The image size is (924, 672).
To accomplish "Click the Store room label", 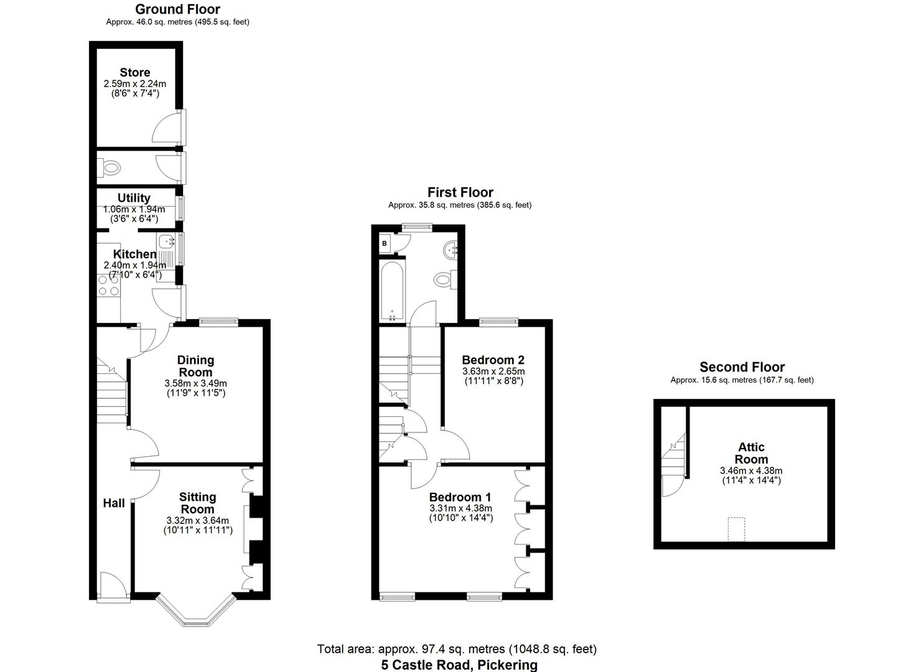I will [135, 73].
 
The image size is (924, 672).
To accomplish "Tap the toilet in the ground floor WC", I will [111, 167].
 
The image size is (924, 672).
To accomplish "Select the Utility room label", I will [134, 198].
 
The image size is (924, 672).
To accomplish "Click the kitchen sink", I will [165, 241].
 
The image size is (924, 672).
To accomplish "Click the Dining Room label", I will [195, 366].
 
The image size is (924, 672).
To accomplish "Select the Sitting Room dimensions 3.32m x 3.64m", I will [197, 521].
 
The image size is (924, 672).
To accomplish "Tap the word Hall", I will [114, 503].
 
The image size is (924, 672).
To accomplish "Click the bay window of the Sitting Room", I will [196, 613].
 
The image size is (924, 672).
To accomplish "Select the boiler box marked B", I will [385, 244].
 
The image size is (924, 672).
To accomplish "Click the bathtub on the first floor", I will [392, 291].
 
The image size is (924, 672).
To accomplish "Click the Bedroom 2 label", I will [493, 360].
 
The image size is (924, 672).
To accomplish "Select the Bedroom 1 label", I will [460, 497].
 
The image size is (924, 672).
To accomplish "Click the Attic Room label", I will [751, 453].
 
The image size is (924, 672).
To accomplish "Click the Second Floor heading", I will [742, 367].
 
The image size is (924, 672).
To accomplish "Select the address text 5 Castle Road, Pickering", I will [459, 665].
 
